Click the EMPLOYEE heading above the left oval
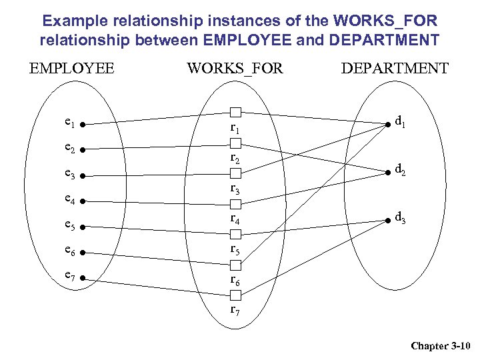pos(71,68)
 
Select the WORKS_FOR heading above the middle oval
pos(235,68)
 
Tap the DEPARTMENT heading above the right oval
pos(395,68)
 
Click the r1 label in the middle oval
pos(235,127)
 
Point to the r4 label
pos(235,218)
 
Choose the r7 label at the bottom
pos(235,310)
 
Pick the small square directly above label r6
pos(235,265)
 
